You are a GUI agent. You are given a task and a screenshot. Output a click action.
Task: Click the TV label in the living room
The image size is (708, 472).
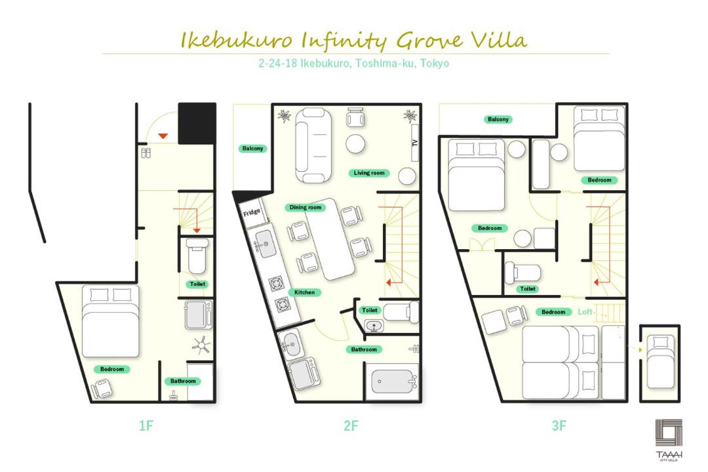(x=415, y=143)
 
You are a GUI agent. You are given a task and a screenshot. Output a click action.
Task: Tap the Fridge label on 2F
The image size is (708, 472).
(x=252, y=212)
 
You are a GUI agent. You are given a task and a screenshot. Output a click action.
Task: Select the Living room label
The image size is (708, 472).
(x=369, y=173)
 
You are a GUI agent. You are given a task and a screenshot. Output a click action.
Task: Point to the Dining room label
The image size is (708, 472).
(x=305, y=207)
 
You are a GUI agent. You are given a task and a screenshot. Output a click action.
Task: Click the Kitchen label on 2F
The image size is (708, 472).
(x=304, y=292)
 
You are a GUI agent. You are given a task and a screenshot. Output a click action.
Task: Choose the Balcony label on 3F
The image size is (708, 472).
(x=498, y=119)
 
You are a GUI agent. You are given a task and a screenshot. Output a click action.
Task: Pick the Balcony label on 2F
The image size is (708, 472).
(x=252, y=149)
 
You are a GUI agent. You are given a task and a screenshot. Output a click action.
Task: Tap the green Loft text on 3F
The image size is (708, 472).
(x=585, y=311)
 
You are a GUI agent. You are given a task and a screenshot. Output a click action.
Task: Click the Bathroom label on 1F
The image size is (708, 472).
(x=183, y=382)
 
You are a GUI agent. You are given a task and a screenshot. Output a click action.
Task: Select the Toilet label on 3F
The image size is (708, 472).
(x=527, y=288)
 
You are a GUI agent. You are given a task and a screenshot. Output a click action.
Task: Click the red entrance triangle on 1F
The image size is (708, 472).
(x=163, y=136)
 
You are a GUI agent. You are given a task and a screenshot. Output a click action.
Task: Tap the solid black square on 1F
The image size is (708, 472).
(x=197, y=123)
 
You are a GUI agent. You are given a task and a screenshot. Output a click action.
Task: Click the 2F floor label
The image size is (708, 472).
(x=350, y=425)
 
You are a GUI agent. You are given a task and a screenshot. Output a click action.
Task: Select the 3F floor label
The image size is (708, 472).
(x=559, y=425)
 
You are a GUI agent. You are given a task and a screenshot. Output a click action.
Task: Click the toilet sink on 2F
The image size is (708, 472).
(x=374, y=325)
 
